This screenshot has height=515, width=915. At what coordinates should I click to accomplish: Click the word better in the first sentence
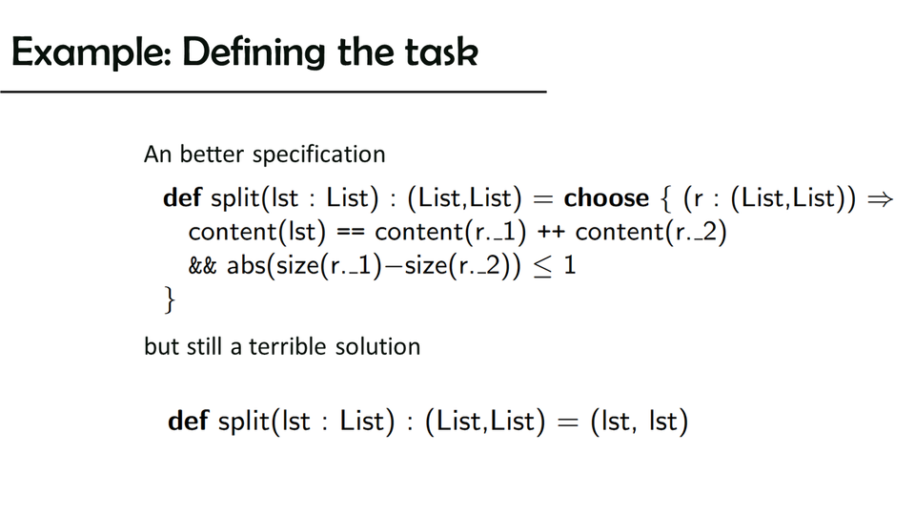coord(212,154)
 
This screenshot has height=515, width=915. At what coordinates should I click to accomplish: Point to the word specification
coord(318,154)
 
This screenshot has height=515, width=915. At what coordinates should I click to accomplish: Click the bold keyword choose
coord(606,198)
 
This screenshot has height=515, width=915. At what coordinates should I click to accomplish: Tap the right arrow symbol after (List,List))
coord(880,199)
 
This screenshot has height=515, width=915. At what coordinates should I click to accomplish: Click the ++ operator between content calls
coord(550,233)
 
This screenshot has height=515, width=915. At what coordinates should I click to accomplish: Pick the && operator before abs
coord(202,266)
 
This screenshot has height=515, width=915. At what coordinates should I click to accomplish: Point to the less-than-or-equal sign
coord(542,267)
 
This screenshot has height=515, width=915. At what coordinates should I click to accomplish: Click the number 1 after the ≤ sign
coord(570,266)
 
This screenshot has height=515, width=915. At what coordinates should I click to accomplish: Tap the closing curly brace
coord(170,299)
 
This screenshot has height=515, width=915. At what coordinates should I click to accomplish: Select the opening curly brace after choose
coord(665,198)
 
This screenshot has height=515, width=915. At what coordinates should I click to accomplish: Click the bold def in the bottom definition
coord(188,421)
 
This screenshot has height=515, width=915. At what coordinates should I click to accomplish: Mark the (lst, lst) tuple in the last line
coord(640,421)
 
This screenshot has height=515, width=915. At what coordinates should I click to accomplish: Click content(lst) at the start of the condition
coord(256,232)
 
